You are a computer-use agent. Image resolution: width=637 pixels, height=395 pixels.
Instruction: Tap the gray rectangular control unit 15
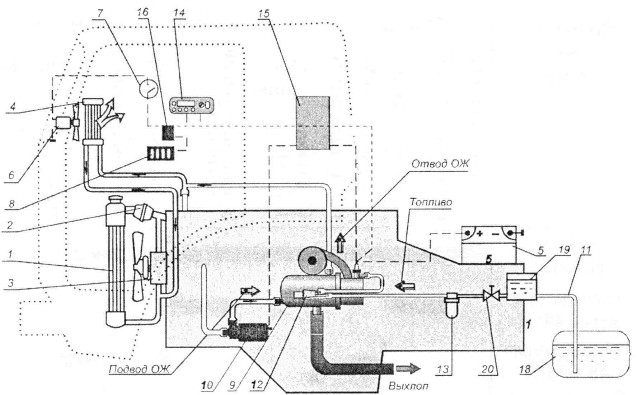tap(313, 122)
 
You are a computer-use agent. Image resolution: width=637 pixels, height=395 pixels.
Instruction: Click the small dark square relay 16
tap(168, 133)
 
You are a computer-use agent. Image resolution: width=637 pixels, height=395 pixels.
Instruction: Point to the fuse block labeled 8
tap(161, 154)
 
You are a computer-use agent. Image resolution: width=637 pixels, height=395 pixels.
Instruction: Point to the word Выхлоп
tap(408, 387)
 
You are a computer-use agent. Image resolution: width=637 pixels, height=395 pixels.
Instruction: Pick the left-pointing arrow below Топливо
tap(405, 285)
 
